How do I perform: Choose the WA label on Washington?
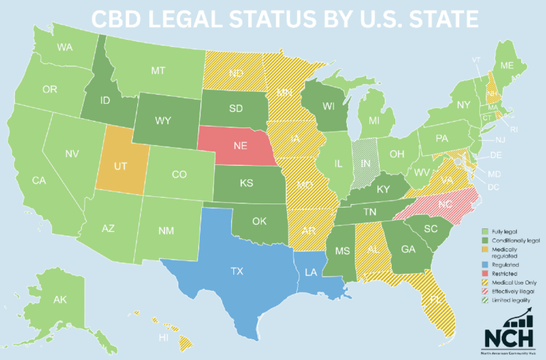coord(66,48)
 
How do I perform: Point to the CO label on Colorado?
coord(180,174)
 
